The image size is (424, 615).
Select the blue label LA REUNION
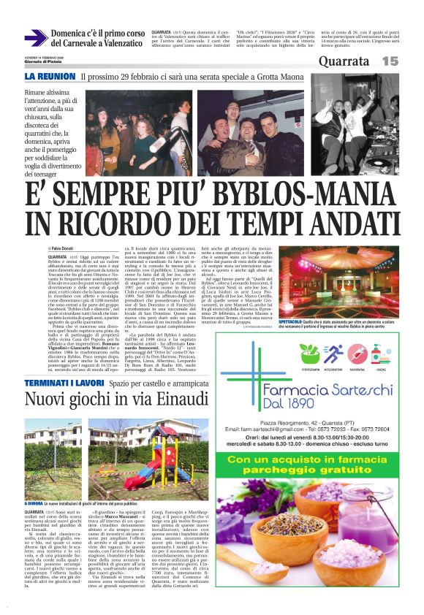click(x=50, y=76)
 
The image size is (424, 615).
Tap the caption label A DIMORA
click(x=35, y=503)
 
